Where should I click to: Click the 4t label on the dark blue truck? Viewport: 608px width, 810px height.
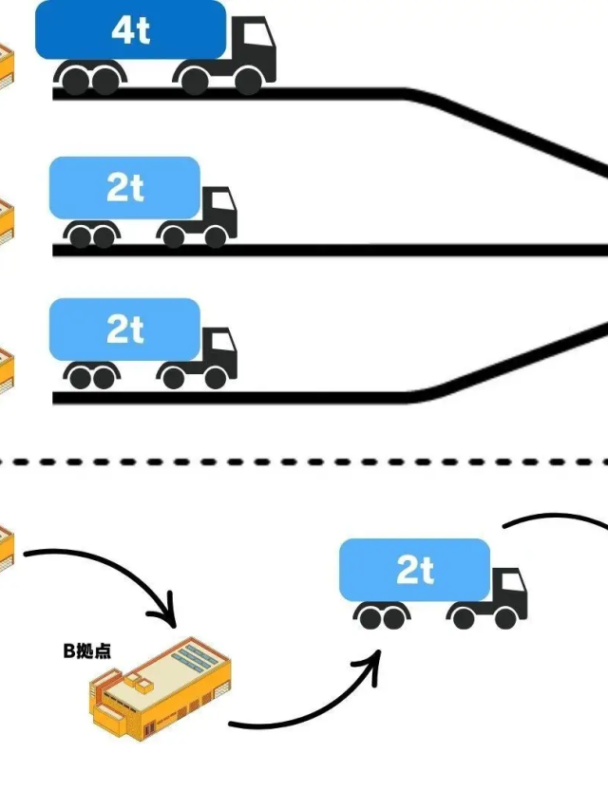130,30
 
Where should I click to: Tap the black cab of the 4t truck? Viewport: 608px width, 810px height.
253,47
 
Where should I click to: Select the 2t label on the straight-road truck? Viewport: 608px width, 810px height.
125,188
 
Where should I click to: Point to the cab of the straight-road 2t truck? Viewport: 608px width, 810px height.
218,211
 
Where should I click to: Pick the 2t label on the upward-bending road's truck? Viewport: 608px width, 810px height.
125,330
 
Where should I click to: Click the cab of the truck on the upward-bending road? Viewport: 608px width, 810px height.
218,352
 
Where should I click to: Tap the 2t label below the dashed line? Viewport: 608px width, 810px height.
415,571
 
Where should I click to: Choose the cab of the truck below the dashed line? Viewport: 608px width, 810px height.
508,593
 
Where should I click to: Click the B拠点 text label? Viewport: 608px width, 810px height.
86,650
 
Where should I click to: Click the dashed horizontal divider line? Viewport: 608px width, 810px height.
304,462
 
